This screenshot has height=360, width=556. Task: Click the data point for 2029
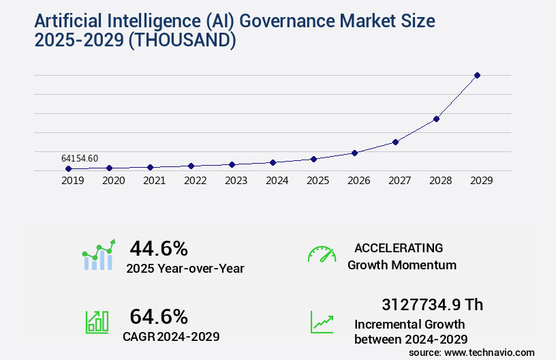[477, 75]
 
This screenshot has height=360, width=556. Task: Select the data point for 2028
[436, 119]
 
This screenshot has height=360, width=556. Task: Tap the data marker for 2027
[395, 142]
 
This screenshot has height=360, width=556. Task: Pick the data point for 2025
[313, 159]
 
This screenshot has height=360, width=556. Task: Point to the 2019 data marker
[68, 168]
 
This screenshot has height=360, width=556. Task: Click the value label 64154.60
[79, 158]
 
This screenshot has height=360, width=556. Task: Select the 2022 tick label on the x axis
[195, 181]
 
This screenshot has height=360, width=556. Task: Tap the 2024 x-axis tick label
[277, 181]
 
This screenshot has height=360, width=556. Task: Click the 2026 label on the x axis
[358, 181]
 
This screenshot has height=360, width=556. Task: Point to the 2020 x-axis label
[113, 181]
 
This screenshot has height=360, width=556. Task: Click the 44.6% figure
[158, 248]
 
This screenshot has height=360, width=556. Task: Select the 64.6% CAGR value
[158, 316]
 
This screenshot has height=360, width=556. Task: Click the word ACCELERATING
[399, 248]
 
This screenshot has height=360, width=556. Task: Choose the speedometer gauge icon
[322, 254]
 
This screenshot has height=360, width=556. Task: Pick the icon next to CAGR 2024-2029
[97, 322]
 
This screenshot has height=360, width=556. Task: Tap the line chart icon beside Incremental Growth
[322, 322]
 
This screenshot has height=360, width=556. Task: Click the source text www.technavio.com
[489, 352]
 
